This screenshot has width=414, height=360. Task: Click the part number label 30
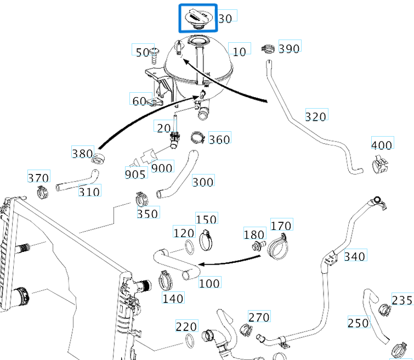tap(225, 18)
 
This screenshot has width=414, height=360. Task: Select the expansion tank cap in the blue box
tap(199, 16)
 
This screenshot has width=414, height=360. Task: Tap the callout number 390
tap(289, 48)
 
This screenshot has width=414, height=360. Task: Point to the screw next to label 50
tap(155, 53)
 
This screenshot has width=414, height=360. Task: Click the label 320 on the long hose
tap(316, 116)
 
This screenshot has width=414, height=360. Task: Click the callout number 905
tap(135, 174)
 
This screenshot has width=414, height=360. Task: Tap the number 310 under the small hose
tap(89, 192)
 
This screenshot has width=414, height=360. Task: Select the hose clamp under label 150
tap(206, 238)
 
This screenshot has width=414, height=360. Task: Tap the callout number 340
tap(355, 256)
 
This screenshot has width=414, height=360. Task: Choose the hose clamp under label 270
tap(247, 329)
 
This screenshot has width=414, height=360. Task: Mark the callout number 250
tap(358, 323)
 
